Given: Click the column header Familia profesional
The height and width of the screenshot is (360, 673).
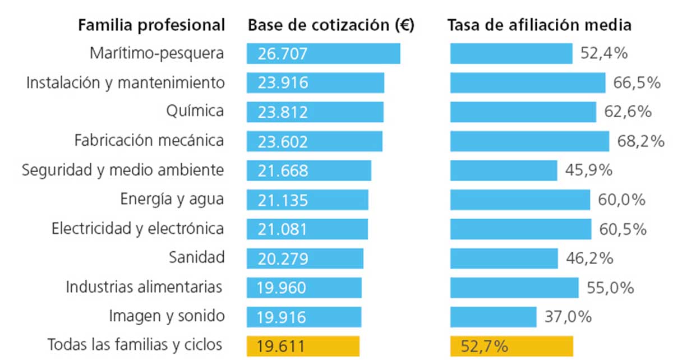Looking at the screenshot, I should pos(151,25).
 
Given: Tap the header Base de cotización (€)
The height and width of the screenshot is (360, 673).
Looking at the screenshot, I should pos(331,25).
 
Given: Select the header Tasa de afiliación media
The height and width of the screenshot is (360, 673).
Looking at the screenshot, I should pos(540,25).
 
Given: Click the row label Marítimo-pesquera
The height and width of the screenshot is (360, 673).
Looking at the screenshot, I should pos(157,54).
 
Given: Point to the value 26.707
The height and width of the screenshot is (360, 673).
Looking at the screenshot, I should pos(283,54).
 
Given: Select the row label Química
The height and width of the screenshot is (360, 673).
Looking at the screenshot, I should pos(195,112).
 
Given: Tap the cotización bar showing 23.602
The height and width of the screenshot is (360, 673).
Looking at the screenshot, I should pos(314,141).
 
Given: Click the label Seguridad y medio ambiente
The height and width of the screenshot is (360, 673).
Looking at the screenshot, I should pos(123,170).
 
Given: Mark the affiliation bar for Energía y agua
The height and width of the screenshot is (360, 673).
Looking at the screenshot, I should pos(520,200).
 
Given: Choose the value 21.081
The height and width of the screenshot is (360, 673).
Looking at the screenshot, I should pos(283,229).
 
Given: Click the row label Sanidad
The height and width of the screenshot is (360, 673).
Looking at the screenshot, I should pos(197,257).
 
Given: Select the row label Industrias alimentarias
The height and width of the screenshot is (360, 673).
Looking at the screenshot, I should pos(144,287).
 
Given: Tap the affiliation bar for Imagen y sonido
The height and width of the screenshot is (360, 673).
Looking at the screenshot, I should pos(494,316).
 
